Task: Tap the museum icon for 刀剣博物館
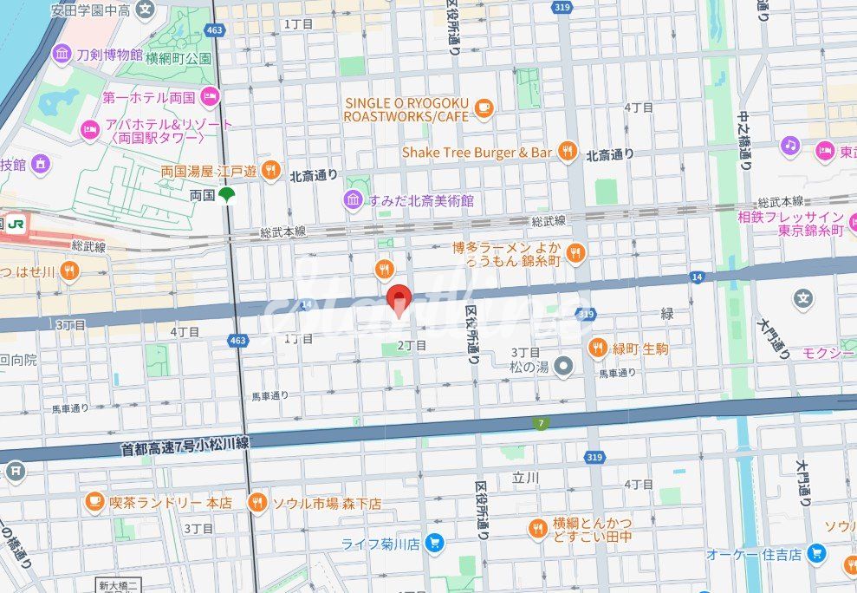(x=62, y=55)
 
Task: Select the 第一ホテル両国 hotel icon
(x=209, y=95)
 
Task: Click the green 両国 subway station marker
(x=226, y=196)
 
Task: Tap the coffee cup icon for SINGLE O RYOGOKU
(x=484, y=108)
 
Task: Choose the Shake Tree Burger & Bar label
(x=477, y=153)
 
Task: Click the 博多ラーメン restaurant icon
(x=576, y=253)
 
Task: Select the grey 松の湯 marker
(x=565, y=367)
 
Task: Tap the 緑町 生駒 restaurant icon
(x=598, y=349)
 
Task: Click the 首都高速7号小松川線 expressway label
(x=185, y=446)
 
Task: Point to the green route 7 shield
(x=540, y=423)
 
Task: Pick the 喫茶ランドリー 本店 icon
(x=94, y=501)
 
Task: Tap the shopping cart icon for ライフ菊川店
(x=435, y=544)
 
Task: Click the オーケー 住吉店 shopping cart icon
(x=815, y=552)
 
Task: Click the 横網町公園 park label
(x=179, y=59)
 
